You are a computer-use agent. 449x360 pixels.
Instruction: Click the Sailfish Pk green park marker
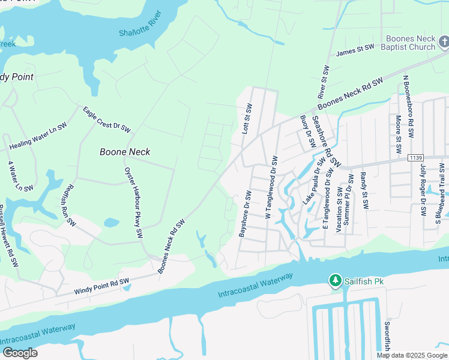pos(334,281)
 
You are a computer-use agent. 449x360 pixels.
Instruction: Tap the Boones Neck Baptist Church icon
pos(443,42)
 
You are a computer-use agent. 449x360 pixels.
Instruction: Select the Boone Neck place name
pos(125,152)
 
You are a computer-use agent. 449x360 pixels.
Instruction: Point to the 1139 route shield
pos(415,158)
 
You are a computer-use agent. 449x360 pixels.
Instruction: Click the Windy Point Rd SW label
pos(101,286)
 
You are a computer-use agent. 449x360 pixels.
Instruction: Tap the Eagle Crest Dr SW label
pos(106,119)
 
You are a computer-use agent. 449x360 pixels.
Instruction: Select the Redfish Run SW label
pos(68,204)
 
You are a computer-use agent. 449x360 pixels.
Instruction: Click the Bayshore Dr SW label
pos(245,214)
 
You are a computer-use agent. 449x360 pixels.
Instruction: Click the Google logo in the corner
pos(20,353)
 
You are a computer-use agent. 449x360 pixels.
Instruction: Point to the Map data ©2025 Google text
pos(412,355)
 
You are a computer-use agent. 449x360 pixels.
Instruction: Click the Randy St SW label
pos(364,190)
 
